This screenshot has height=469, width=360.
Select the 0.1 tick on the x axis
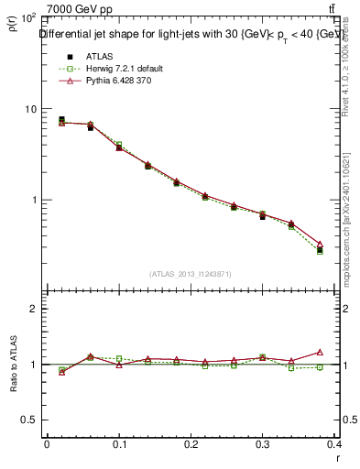click(119, 446)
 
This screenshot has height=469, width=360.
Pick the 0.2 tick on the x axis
click(192, 446)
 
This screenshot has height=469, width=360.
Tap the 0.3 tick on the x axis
click(266, 446)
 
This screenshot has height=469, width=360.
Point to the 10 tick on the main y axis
click(30, 109)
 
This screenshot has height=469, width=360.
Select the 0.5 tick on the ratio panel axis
click(29, 420)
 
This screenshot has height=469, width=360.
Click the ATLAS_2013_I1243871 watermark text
click(191, 274)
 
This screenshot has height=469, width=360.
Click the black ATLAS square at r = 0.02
click(61, 119)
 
